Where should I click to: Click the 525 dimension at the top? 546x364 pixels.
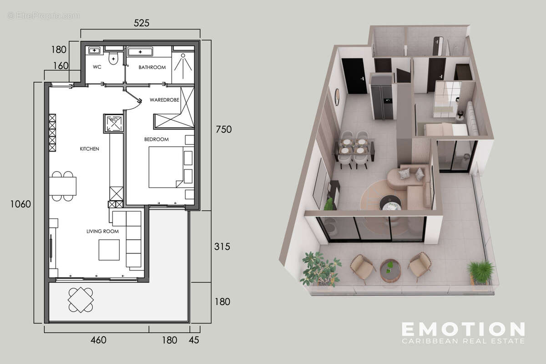[x=142, y=23]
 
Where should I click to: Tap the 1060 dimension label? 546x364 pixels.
[x=20, y=204]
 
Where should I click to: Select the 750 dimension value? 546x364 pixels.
[x=223, y=129]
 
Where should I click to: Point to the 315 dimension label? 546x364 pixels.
[x=222, y=247]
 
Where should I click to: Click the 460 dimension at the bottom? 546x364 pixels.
[x=98, y=340]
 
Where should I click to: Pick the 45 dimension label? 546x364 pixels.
[x=195, y=340]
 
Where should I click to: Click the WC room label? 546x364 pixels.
[x=97, y=67]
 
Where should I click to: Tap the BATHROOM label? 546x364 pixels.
[x=152, y=67]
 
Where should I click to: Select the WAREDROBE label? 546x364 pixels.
[x=164, y=100]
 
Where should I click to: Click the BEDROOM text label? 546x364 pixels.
[x=157, y=139]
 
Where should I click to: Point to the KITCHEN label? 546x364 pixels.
[x=90, y=149]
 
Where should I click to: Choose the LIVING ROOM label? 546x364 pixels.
[x=102, y=231]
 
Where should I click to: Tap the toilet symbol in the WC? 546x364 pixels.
[x=114, y=58]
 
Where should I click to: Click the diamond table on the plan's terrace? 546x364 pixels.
[x=81, y=300]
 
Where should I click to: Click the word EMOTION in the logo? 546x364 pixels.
[x=463, y=329]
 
